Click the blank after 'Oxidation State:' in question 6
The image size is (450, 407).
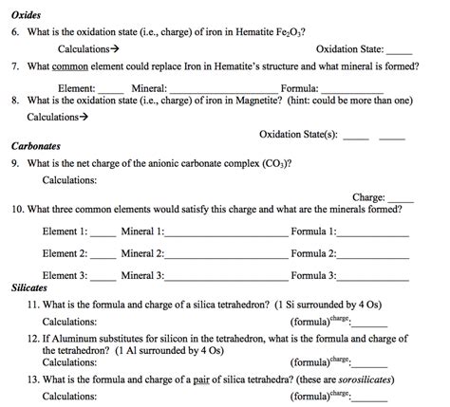click(x=400, y=48)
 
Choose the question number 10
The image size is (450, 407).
click(x=18, y=210)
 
